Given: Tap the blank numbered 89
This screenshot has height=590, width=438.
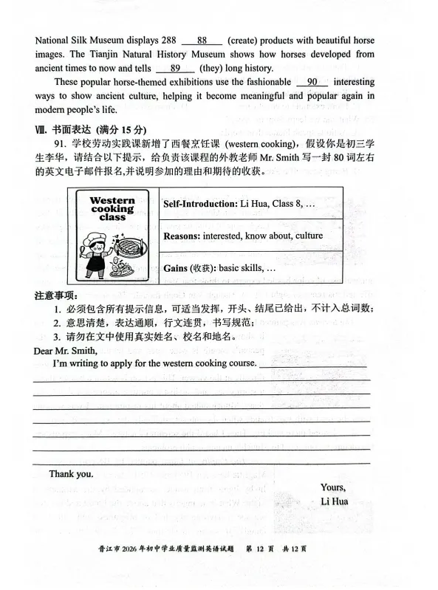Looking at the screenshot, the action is (175, 69).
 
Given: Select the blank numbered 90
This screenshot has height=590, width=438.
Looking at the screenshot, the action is (312, 82).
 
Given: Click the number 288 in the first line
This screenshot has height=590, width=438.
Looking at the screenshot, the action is (169, 41).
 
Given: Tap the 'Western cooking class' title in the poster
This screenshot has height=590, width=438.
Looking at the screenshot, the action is (112, 210).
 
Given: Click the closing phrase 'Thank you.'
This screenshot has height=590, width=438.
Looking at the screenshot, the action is (71, 473).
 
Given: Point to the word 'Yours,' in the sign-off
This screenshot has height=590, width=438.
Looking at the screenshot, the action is (333, 487).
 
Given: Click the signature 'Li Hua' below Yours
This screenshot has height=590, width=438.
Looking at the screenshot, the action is (335, 501).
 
